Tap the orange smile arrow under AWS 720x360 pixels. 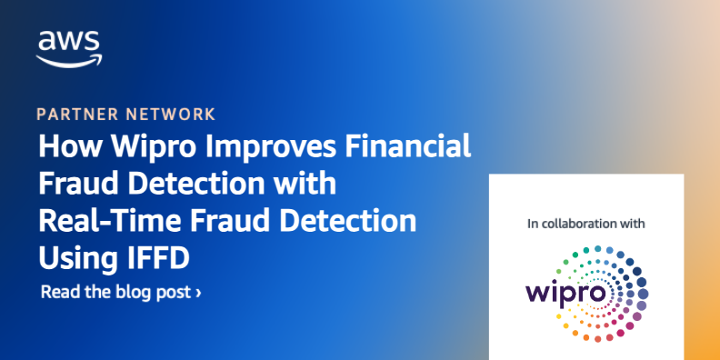point(69,59)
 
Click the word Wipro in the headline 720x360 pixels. point(137,147)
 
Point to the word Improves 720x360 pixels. point(248,147)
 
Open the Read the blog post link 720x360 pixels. point(116,293)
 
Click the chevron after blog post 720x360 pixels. point(198,293)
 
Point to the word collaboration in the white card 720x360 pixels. point(592,222)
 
